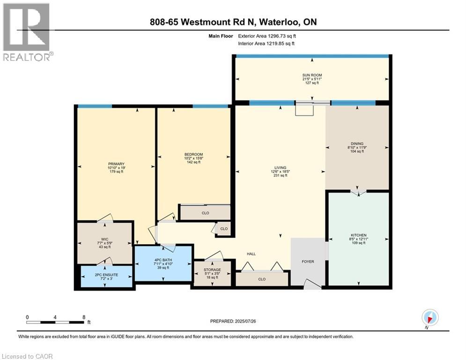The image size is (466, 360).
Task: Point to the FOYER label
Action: click(x=308, y=262)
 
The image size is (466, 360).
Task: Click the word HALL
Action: click(x=251, y=254)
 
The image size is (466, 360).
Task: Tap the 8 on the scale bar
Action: click(x=84, y=317)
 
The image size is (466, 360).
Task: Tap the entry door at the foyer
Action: click(x=309, y=283)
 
